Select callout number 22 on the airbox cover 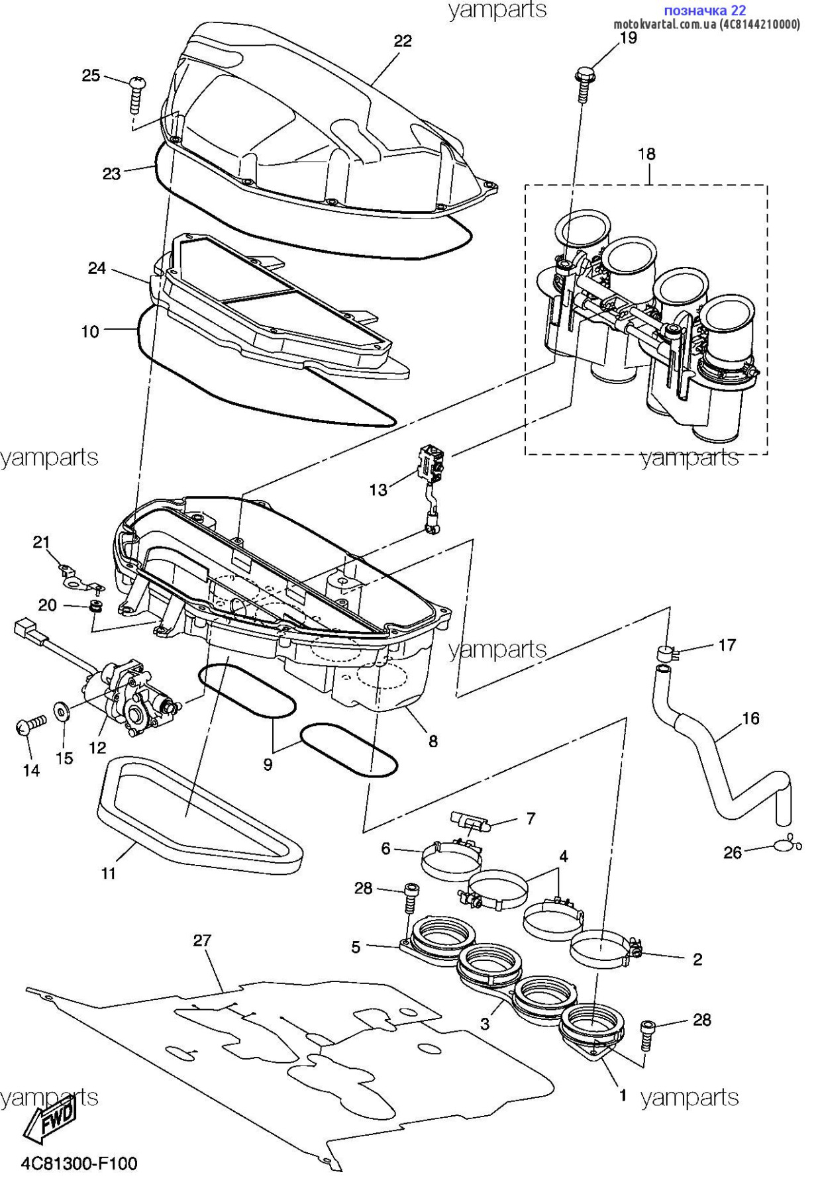(x=403, y=41)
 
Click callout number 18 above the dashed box (x=646, y=154)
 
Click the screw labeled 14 (x=29, y=725)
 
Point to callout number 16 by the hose (x=750, y=719)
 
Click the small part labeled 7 (x=471, y=823)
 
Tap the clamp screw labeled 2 (x=635, y=949)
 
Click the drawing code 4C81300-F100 (x=79, y=1164)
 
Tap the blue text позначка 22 (x=704, y=10)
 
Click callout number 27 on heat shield (x=202, y=940)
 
